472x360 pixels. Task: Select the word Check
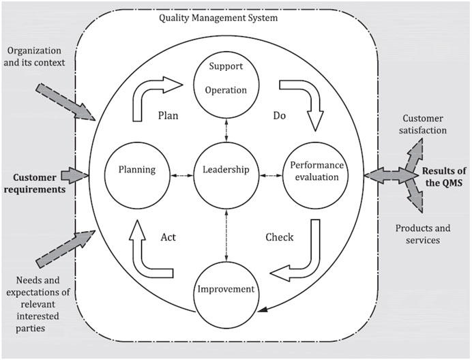[279, 237]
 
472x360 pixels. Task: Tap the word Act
[169, 237]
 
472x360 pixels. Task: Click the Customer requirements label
[36, 182]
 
